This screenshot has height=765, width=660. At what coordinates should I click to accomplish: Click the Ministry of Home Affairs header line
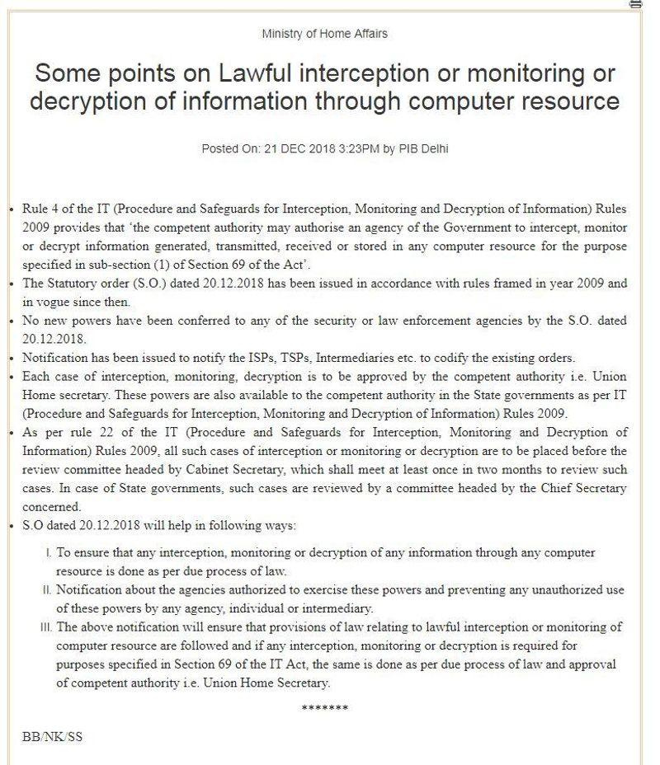click(x=324, y=34)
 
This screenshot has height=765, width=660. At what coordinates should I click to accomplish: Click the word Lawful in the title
click(x=257, y=73)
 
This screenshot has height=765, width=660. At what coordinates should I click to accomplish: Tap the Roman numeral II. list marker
click(x=46, y=591)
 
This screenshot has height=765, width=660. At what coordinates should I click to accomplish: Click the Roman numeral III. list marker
click(x=45, y=627)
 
